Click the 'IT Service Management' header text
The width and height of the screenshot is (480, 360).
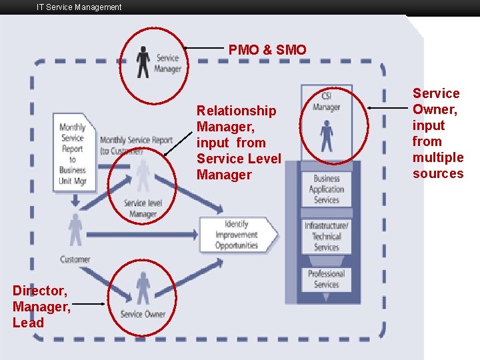click(x=79, y=7)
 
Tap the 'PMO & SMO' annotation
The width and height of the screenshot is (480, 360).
click(x=267, y=50)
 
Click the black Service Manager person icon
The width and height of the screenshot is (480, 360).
click(x=143, y=62)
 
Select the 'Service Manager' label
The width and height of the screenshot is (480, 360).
click(x=167, y=63)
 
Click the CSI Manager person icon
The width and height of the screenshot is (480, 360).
click(x=326, y=135)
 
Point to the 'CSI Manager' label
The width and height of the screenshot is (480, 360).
click(x=326, y=102)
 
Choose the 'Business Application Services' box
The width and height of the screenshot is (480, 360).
click(x=327, y=189)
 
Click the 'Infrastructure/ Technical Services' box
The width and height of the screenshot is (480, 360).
click(x=327, y=236)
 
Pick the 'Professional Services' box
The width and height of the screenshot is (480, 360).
click(x=327, y=279)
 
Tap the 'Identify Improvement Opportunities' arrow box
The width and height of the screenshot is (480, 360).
click(x=237, y=235)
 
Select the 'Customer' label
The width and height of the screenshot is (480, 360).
click(x=75, y=259)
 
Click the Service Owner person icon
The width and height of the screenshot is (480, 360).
click(x=143, y=288)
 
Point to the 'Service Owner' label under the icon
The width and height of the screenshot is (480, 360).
click(x=143, y=314)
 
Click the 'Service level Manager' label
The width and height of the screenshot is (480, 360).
click(x=143, y=209)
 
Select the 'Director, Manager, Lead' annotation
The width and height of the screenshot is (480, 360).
click(x=42, y=306)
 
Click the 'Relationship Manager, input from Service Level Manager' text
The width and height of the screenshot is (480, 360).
click(x=239, y=143)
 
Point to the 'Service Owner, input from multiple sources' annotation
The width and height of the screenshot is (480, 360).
click(x=437, y=133)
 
